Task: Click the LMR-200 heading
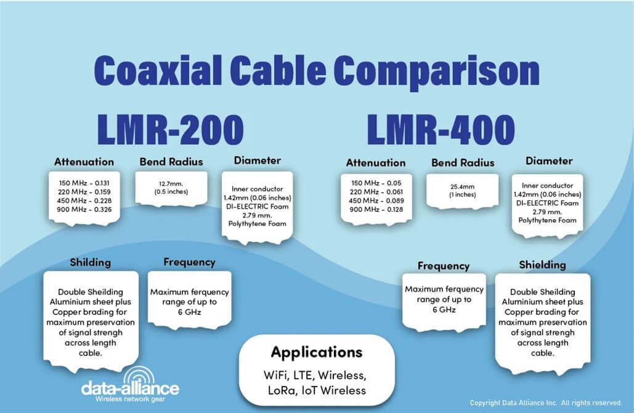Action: pyautogui.click(x=170, y=130)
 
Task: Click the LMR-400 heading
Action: pyautogui.click(x=441, y=130)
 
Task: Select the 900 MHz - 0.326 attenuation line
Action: pyautogui.click(x=84, y=209)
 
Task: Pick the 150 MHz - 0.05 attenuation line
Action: pyautogui.click(x=376, y=183)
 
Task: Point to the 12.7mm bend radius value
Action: pyautogui.click(x=171, y=184)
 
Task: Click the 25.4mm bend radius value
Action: pyautogui.click(x=463, y=186)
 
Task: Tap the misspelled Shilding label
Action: pyautogui.click(x=90, y=262)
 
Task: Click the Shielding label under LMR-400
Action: pyautogui.click(x=542, y=265)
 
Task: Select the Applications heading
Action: pyautogui.click(x=317, y=353)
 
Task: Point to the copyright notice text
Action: pyautogui.click(x=546, y=403)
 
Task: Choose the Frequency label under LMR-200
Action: pyautogui.click(x=189, y=262)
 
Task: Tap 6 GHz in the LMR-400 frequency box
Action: pyautogui.click(x=444, y=310)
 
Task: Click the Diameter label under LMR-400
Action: pyautogui.click(x=549, y=161)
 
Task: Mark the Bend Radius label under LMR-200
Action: pyautogui.click(x=171, y=162)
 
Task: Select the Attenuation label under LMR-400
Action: pyautogui.click(x=376, y=163)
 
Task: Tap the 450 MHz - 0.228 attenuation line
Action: pyautogui.click(x=84, y=201)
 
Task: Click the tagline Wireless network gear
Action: pyautogui.click(x=130, y=399)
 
